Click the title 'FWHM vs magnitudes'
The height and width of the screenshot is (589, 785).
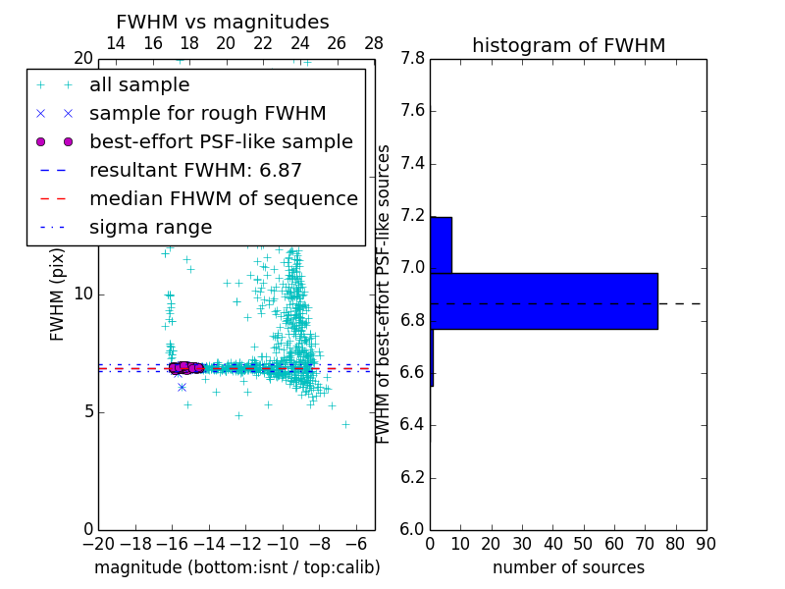pyautogui.click(x=222, y=22)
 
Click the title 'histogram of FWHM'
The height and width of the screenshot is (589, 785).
pyautogui.click(x=568, y=45)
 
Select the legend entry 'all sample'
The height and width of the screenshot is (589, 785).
pyautogui.click(x=139, y=85)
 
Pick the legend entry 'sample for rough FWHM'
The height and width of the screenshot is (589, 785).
pyautogui.click(x=207, y=113)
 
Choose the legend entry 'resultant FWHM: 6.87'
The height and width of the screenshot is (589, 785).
pyautogui.click(x=195, y=170)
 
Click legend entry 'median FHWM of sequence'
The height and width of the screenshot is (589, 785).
pyautogui.click(x=223, y=198)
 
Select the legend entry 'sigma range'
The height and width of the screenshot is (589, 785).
pyautogui.click(x=150, y=227)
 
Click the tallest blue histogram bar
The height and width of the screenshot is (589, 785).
pyautogui.click(x=544, y=300)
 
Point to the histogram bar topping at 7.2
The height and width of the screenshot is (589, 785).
pyautogui.click(x=441, y=244)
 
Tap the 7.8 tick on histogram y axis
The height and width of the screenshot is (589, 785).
pyautogui.click(x=412, y=59)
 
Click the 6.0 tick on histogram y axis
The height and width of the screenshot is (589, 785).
pyautogui.click(x=412, y=530)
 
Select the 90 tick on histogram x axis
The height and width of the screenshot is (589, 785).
pyautogui.click(x=706, y=544)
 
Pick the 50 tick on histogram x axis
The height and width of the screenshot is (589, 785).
pyautogui.click(x=583, y=544)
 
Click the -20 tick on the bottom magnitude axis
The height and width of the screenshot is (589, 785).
pyautogui.click(x=98, y=544)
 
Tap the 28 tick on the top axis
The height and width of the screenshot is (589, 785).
pyautogui.click(x=374, y=43)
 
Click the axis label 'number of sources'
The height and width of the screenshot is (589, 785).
pyautogui.click(x=568, y=567)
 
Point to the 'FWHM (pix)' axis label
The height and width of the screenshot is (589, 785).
pyautogui.click(x=58, y=294)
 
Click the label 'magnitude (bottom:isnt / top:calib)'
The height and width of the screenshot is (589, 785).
pyautogui.click(x=236, y=567)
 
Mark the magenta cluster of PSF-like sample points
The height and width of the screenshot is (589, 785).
pyautogui.click(x=183, y=367)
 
